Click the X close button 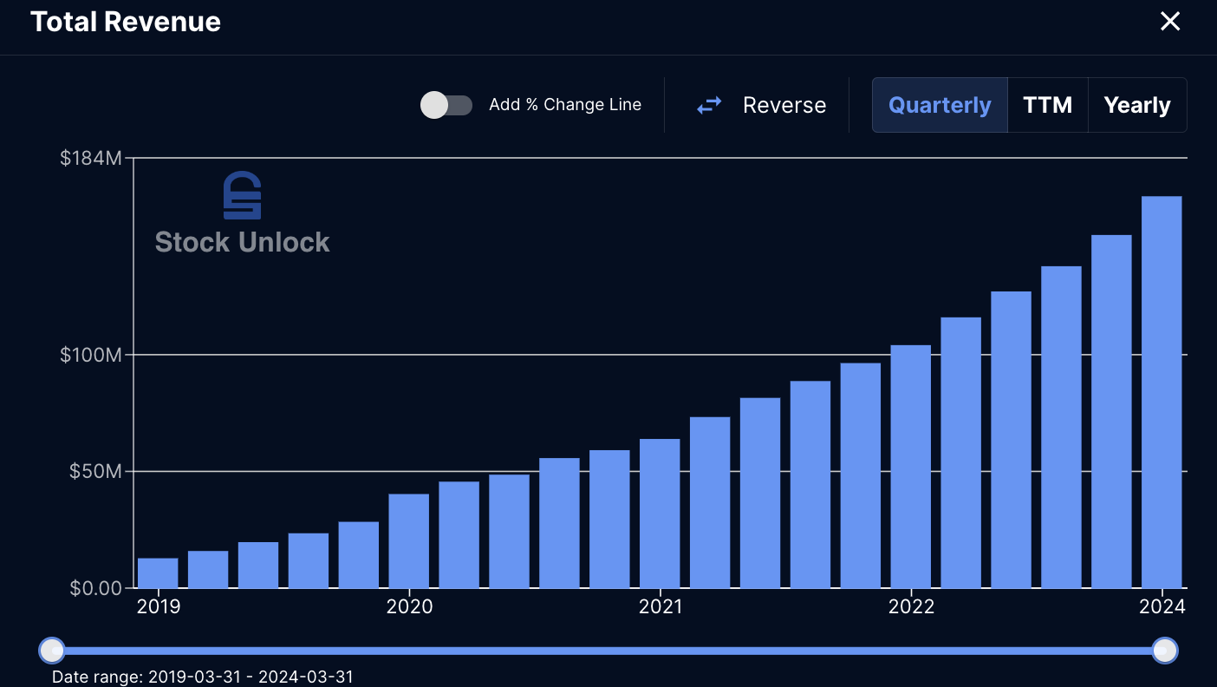(x=1169, y=21)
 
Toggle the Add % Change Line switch (x=446, y=105)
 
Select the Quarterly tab (x=940, y=105)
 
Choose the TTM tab (x=1047, y=105)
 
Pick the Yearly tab (x=1137, y=105)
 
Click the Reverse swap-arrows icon (x=710, y=105)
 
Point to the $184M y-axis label (x=91, y=158)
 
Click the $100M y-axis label (x=91, y=355)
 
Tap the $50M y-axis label (x=95, y=471)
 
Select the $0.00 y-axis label (x=95, y=588)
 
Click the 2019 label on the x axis (x=158, y=606)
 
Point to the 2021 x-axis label (x=661, y=606)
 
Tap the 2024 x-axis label (x=1162, y=606)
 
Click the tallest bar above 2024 (x=1162, y=392)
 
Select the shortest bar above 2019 (x=158, y=572)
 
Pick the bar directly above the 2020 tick (x=408, y=540)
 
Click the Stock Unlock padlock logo (x=243, y=196)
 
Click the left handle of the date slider (x=52, y=651)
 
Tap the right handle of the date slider (x=1165, y=651)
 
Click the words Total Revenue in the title (x=126, y=22)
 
